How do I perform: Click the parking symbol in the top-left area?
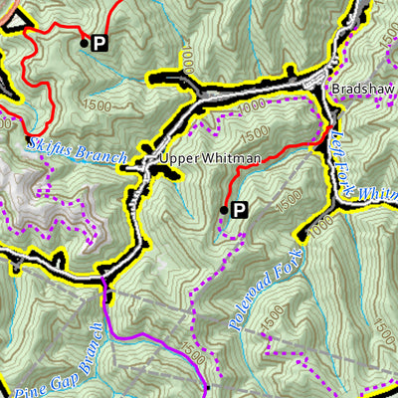[99, 43]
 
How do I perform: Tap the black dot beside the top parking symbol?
[84, 42]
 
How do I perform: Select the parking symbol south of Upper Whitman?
[238, 209]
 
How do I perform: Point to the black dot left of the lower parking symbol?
[224, 208]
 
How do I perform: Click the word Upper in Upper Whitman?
[175, 159]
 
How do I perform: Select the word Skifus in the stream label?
[47, 146]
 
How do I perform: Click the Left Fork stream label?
[342, 149]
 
